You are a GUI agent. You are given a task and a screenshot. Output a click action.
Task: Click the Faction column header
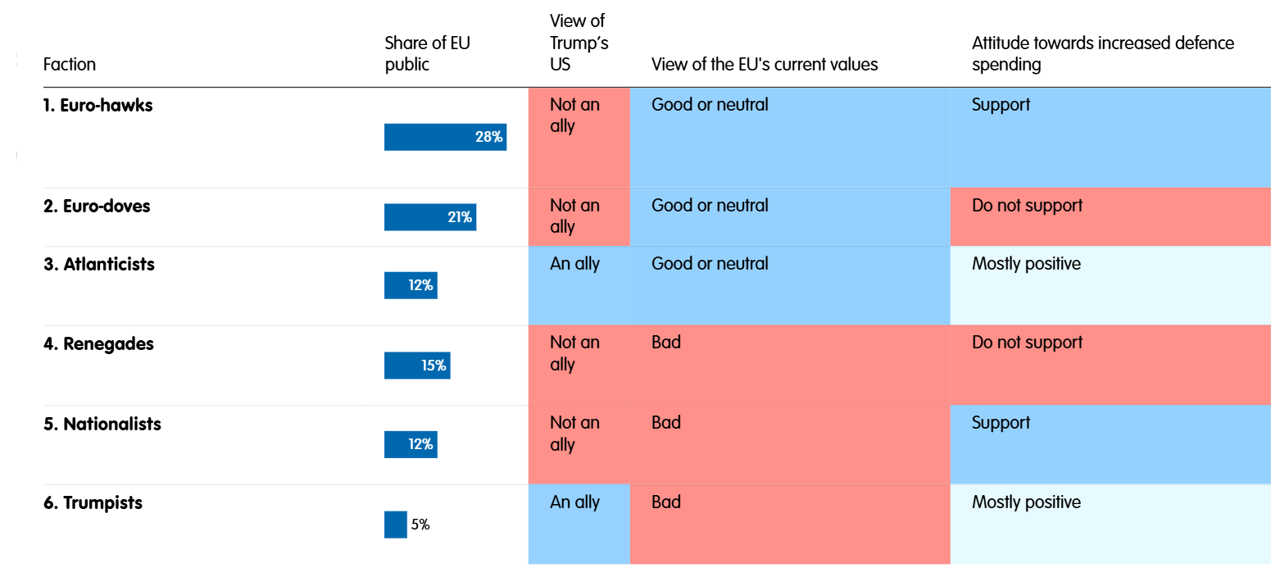[70, 64]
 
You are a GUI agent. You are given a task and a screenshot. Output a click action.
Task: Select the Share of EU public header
[427, 53]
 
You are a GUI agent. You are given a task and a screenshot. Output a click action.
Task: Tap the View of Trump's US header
[579, 43]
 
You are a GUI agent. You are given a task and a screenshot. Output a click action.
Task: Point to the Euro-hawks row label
[98, 105]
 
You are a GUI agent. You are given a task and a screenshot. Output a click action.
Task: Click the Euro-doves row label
[97, 206]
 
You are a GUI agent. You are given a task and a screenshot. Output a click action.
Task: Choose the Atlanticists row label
[98, 264]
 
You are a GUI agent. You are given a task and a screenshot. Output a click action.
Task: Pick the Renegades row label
[98, 343]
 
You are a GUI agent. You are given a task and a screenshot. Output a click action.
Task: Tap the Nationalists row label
[102, 424]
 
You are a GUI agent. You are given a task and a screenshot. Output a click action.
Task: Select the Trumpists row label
[93, 502]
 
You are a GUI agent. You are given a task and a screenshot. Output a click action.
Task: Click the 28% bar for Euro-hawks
[445, 137]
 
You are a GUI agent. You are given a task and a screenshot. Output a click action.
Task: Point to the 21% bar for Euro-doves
[430, 217]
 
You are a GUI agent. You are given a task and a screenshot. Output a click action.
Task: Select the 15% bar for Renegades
[417, 366]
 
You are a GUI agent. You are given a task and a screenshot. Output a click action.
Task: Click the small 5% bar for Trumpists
[395, 525]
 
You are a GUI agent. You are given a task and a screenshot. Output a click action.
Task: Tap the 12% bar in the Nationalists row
[411, 444]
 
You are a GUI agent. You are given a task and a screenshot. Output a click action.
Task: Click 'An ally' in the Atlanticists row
[574, 264]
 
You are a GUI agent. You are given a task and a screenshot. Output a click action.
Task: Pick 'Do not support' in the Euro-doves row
[1027, 206]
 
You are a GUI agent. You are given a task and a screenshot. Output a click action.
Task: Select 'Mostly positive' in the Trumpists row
[1026, 502]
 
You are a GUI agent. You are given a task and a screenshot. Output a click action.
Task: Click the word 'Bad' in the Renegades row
[665, 343]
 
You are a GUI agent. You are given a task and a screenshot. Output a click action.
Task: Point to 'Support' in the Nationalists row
[1001, 423]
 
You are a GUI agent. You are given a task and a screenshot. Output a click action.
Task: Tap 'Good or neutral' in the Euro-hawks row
[710, 105]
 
